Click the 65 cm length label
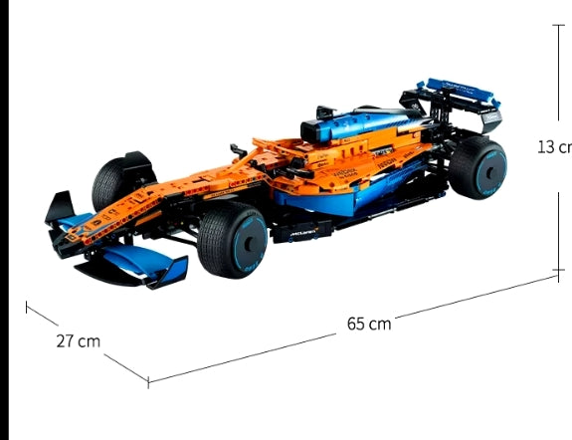[369, 324]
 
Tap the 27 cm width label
[78, 340]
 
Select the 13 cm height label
[554, 146]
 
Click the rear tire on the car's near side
[477, 167]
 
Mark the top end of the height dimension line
[557, 22]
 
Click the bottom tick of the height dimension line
[557, 269]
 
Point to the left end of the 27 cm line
[27, 306]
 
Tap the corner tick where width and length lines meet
[148, 380]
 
